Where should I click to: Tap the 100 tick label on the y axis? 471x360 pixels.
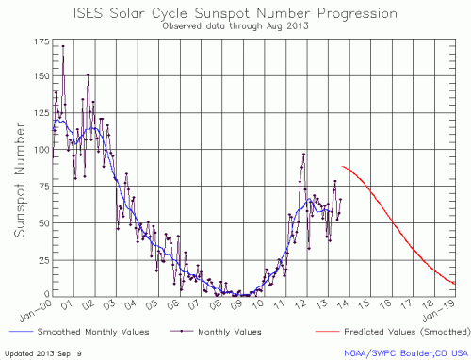(x=39, y=150)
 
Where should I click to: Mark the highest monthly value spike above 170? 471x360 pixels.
(x=63, y=45)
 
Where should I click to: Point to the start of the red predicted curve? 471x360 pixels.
(x=343, y=166)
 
